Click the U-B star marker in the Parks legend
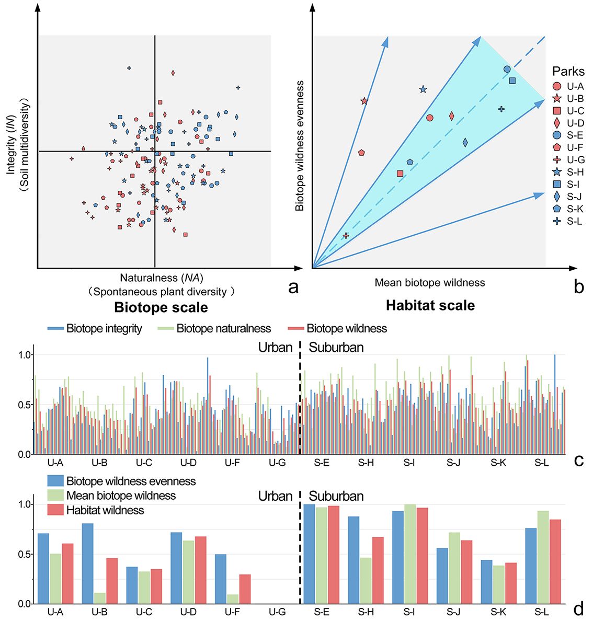557,98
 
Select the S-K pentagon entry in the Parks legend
557,209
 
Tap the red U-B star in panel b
364,101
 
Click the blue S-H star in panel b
423,89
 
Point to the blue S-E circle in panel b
507,69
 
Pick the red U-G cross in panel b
346,236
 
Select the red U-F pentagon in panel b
361,153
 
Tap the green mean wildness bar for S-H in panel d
366,580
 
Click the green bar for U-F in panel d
233,599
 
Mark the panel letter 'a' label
293,286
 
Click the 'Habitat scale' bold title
430,305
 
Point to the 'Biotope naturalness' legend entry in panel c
223,329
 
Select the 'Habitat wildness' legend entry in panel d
105,510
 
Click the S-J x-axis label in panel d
454,612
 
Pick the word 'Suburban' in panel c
336,348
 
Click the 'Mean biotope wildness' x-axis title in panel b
429,283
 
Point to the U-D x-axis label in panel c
188,463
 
